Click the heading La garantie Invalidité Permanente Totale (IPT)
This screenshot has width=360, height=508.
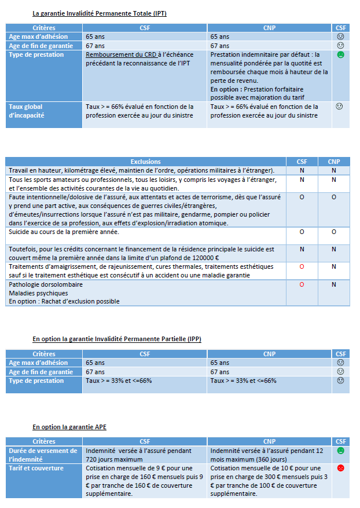tap(100, 13)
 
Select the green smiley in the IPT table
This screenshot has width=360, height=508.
tap(341, 55)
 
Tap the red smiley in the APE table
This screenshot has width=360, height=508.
tap(341, 468)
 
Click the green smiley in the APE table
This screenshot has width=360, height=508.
tap(341, 451)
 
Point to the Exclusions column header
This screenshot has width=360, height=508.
tap(146, 162)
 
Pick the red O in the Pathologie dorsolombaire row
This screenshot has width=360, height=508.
tap(302, 285)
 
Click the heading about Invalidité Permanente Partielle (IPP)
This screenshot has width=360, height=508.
tap(117, 339)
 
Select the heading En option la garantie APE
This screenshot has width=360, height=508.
tap(69, 427)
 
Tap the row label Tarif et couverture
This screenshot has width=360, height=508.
tap(36, 468)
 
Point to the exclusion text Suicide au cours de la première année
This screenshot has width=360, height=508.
tap(64, 232)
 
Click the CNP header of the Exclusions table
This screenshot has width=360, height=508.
tap(334, 162)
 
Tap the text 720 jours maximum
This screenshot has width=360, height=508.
tap(113, 458)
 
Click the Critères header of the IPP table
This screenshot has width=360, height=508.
tap(44, 354)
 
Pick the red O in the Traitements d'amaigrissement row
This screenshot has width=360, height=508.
tap(302, 266)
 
